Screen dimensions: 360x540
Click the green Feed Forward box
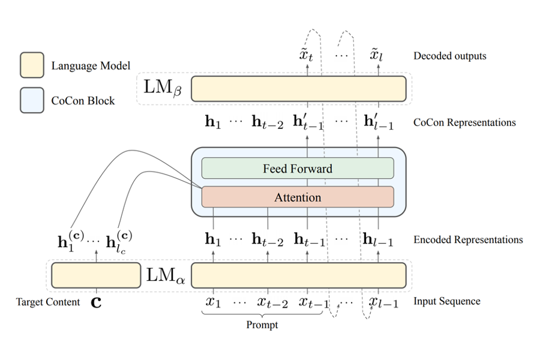coord(298,169)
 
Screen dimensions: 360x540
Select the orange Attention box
coord(298,197)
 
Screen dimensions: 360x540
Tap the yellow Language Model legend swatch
coord(31,65)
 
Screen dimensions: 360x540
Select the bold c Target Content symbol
coord(95,302)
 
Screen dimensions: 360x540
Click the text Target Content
coord(48,302)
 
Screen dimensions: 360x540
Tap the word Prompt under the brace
coord(262,325)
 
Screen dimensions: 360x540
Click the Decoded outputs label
coord(449,56)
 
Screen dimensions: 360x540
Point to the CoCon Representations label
coord(464,122)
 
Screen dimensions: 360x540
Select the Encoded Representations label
coord(468,239)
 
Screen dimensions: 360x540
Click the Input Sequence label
coord(446,301)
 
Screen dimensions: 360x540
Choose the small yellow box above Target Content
coord(95,275)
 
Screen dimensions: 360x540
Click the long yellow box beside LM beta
coord(298,89)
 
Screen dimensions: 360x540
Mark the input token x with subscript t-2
coord(271,302)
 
